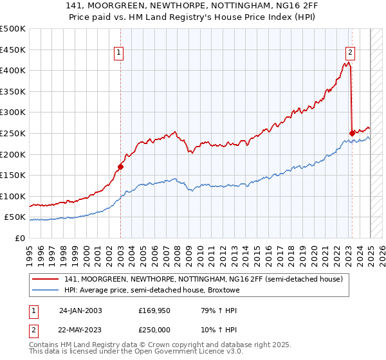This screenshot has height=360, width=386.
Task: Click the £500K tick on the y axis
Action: (x=13, y=29)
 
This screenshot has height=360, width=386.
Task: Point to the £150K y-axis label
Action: (x=13, y=175)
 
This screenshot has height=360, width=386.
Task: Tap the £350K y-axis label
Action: (x=13, y=91)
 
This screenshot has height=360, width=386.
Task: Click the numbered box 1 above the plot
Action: (x=120, y=53)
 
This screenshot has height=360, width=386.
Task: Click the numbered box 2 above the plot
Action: (x=350, y=53)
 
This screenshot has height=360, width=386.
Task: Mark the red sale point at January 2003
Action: (x=120, y=166)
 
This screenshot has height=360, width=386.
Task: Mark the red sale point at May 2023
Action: (x=352, y=133)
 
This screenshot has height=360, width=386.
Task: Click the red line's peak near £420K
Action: (x=347, y=62)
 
